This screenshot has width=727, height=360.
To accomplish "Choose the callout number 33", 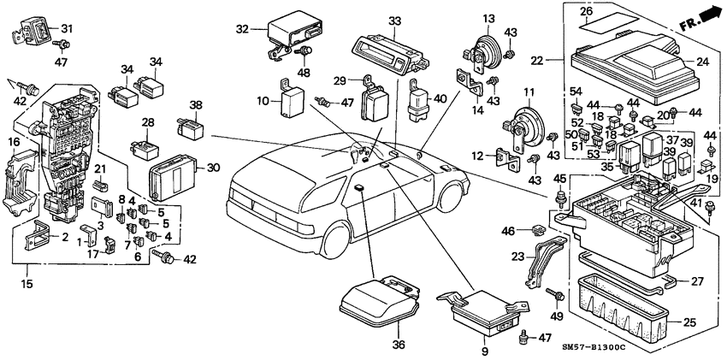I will tap(393, 20).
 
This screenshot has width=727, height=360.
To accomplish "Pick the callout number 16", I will tap(14, 141).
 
